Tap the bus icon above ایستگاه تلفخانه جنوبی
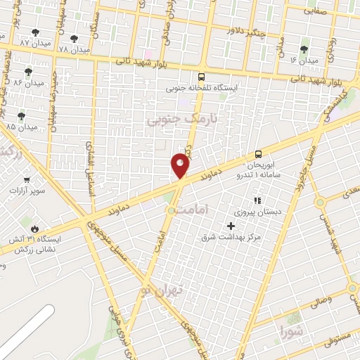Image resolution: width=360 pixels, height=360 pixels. point(202,77)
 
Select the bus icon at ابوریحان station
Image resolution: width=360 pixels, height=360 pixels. point(258,154)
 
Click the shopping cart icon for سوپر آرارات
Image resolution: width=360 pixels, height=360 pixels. point(27,180)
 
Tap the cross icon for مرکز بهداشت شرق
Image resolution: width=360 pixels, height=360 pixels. point(231,226)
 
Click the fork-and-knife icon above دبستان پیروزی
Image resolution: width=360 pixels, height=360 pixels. point(257,200)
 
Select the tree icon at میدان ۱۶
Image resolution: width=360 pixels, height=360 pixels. point(304,49)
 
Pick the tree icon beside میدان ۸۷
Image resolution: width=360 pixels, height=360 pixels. point(35,32)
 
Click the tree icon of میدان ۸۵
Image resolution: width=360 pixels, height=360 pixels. point(21,116)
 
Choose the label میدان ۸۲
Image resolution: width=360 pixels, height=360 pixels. point(28,82)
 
